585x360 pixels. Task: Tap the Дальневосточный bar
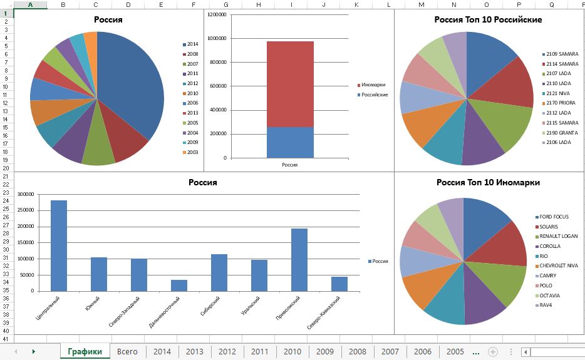(179, 285)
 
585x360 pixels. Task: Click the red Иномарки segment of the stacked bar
(290, 85)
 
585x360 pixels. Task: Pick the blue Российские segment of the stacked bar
(290, 142)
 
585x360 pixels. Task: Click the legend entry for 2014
(192, 44)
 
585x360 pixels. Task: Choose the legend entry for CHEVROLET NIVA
(557, 266)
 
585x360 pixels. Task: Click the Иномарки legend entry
(373, 85)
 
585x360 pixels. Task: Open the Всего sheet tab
(127, 351)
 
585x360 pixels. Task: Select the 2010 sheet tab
(292, 351)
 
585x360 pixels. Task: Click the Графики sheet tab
(85, 351)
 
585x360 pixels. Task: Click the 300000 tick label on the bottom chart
(25, 195)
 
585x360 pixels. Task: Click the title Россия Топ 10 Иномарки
(488, 183)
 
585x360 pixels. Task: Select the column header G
(226, 5)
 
